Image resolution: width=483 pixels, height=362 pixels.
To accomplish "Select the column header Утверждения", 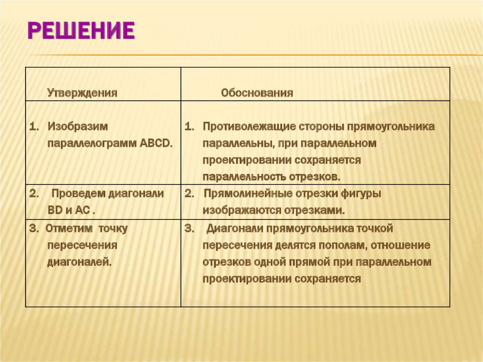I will [x=82, y=93].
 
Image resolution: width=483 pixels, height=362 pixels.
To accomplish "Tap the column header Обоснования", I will [x=257, y=93].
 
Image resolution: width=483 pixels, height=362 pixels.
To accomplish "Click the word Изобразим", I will [x=77, y=127].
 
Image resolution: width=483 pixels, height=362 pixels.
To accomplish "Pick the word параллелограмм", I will [x=92, y=143].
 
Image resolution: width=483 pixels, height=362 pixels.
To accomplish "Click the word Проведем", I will [x=78, y=194].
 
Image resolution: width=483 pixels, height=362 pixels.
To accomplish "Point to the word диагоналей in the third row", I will [x=79, y=261].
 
